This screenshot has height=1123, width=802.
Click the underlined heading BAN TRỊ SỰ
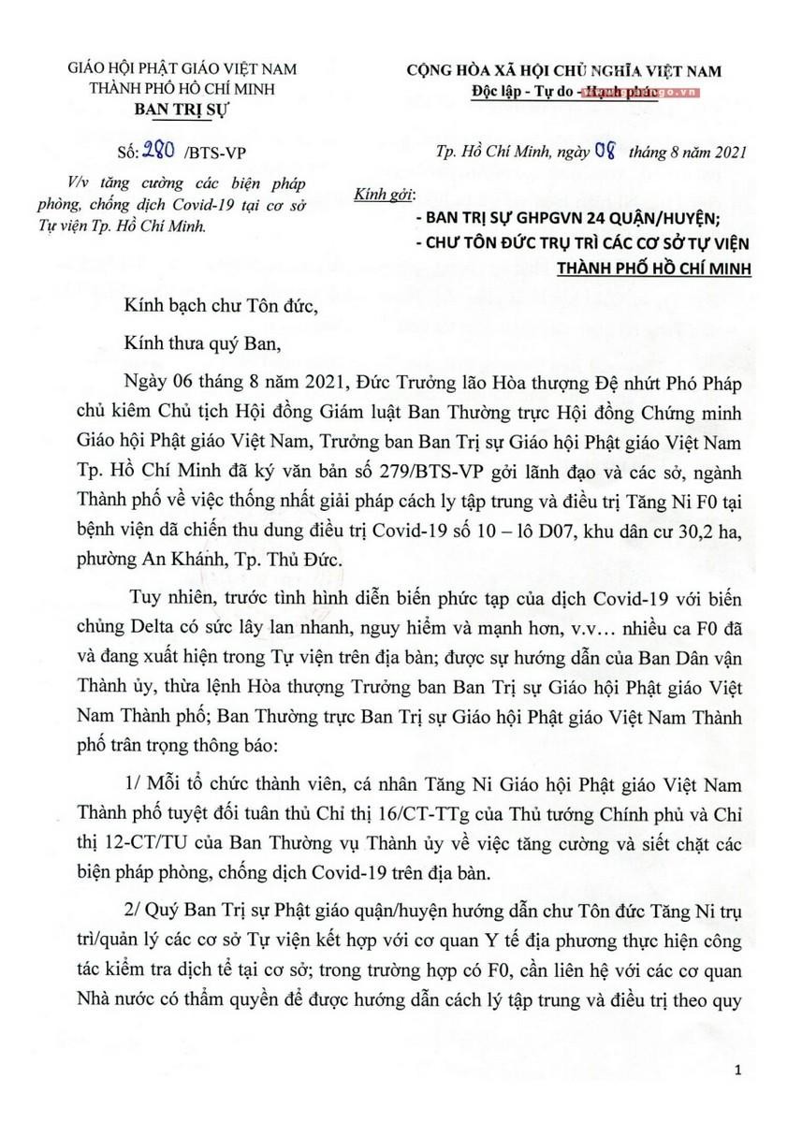(x=182, y=109)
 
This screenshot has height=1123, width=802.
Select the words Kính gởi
(x=383, y=196)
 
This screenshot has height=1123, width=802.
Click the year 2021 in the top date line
(x=726, y=151)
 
